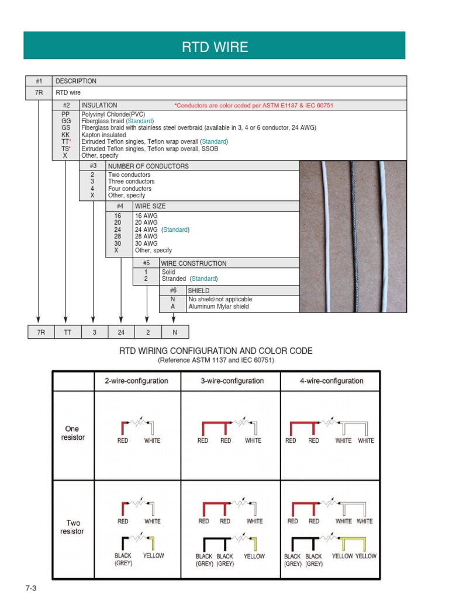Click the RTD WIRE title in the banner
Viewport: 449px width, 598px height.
(215, 47)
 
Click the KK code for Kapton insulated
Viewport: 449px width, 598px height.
(65, 135)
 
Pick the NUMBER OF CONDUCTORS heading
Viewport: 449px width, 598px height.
(148, 166)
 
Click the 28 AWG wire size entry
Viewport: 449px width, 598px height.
(146, 237)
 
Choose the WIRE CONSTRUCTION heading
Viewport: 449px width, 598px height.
(194, 263)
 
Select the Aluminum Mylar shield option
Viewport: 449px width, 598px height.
(218, 307)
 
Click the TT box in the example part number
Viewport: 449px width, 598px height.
(65, 332)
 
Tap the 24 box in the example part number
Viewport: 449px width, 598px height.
(120, 332)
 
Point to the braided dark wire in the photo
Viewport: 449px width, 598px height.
(353, 234)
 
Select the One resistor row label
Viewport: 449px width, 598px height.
(73, 433)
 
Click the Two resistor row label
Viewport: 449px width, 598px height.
(73, 527)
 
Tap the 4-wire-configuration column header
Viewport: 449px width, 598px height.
(330, 381)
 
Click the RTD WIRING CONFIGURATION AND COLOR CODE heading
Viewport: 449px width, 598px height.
(216, 351)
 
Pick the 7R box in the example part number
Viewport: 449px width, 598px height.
(38, 332)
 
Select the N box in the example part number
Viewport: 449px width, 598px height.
(174, 332)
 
